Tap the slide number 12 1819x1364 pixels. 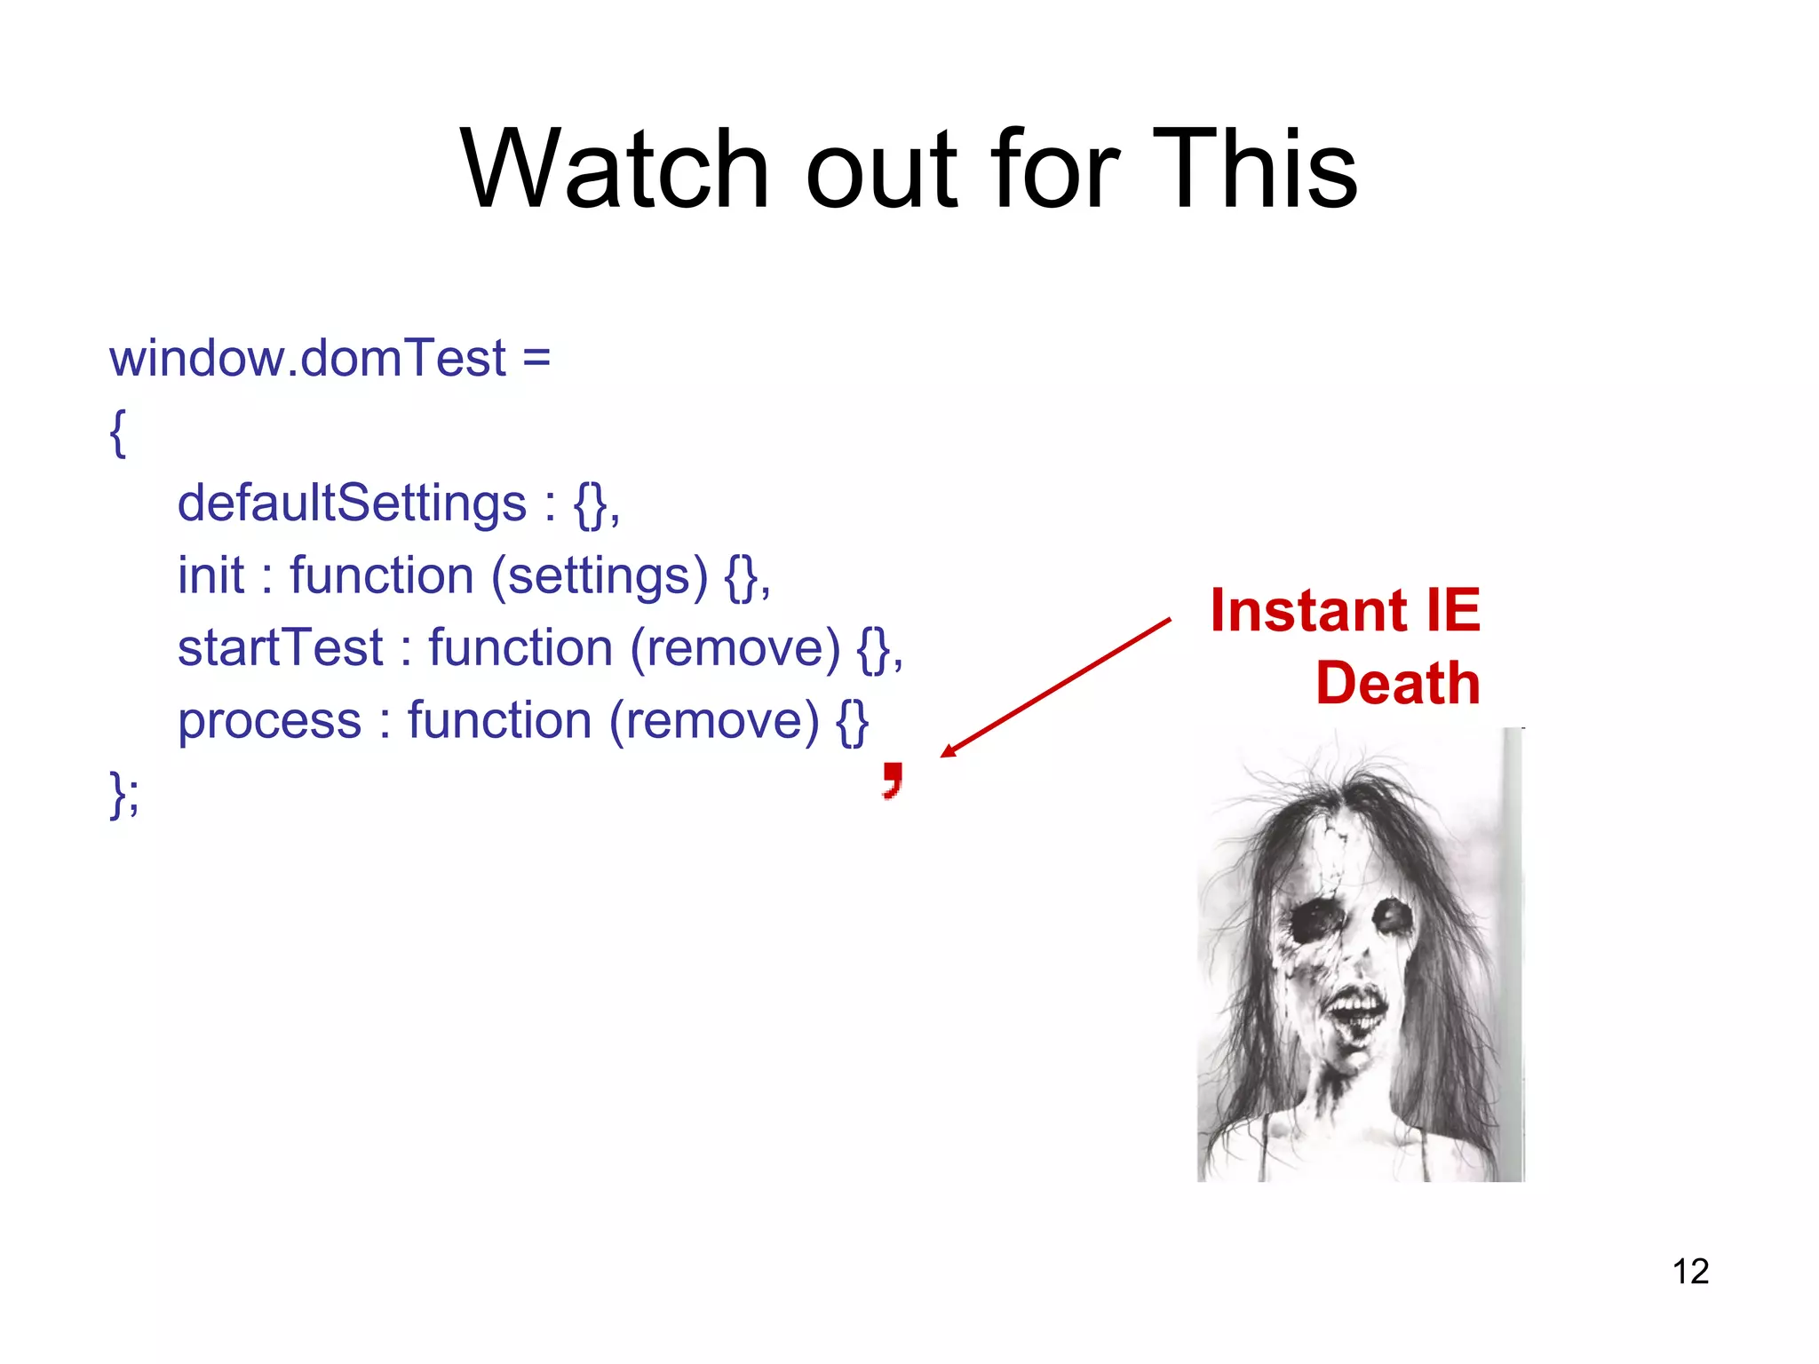(x=1690, y=1272)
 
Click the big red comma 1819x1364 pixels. (x=893, y=780)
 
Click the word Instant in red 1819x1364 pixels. (x=1309, y=611)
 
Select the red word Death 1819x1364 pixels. (x=1398, y=684)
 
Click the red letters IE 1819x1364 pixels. (x=1453, y=611)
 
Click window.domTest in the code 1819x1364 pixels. (x=307, y=359)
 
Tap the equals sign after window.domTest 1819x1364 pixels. (x=536, y=359)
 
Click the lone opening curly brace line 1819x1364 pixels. (x=117, y=432)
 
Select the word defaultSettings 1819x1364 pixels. (x=352, y=504)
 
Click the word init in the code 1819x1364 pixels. (x=210, y=575)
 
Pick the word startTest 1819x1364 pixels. (x=280, y=647)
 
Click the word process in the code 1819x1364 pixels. (x=269, y=720)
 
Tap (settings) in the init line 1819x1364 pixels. (x=600, y=575)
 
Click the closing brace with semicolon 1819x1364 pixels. (x=123, y=793)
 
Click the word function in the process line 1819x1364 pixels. (x=499, y=720)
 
